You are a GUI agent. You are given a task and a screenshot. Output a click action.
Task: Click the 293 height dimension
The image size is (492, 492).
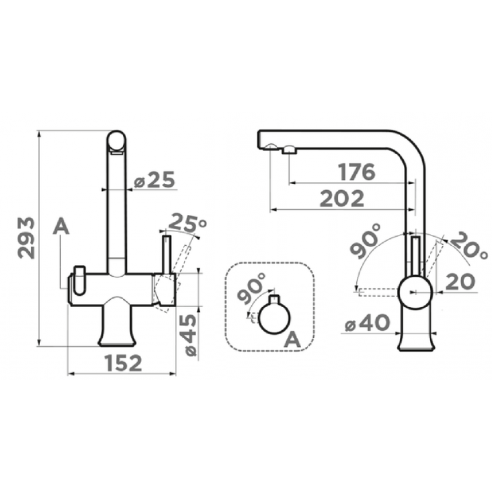pos(27,238)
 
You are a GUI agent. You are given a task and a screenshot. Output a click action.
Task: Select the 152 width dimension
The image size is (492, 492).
pos(123,363)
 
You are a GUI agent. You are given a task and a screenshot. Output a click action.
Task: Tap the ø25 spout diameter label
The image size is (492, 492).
pos(154,180)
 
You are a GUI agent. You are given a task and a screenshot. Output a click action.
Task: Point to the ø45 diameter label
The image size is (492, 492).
pos(190,335)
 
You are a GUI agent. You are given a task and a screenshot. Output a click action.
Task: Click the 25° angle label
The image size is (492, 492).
pos(187,222)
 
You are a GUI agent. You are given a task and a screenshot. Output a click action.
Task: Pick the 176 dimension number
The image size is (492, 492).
pos(357,172)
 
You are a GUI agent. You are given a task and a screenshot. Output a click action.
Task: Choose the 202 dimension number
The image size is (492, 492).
pos(342,199)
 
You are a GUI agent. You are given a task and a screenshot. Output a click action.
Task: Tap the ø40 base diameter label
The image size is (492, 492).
pos(367,323)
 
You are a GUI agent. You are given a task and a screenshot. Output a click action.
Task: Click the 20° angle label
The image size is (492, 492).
pos(469,246)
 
